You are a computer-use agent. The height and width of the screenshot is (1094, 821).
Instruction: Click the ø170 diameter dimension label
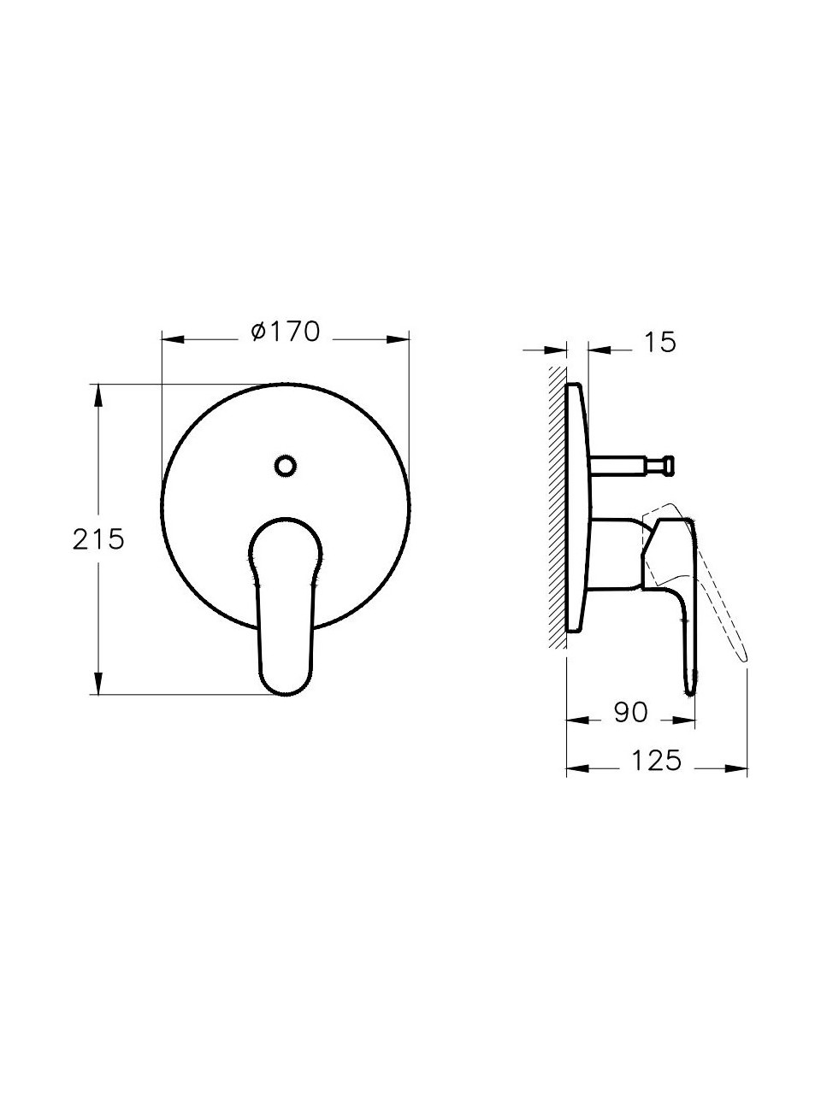coord(285,332)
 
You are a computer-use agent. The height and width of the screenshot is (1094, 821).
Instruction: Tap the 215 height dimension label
coord(98,539)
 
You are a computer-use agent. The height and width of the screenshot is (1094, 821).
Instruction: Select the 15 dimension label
coord(660,343)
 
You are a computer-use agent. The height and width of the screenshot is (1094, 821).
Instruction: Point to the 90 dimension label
coord(630,712)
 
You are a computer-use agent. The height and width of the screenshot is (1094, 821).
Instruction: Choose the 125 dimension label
coord(656,761)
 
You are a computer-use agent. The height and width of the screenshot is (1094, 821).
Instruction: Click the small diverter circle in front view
coord(285,466)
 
